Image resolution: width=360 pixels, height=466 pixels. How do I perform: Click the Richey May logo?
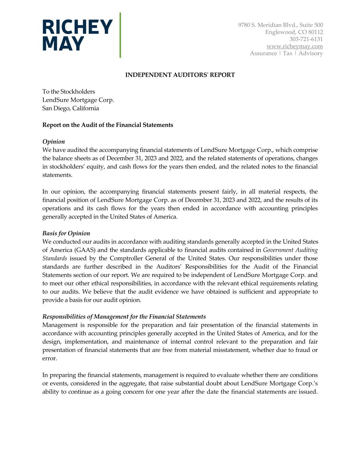(x=77, y=35)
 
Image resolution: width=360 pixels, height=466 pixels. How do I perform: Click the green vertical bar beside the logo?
(x=120, y=35)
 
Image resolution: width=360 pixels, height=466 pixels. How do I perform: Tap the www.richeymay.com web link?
(x=294, y=46)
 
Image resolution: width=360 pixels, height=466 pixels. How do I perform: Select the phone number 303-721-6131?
(x=306, y=39)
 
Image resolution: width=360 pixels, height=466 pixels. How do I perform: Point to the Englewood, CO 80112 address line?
(x=294, y=32)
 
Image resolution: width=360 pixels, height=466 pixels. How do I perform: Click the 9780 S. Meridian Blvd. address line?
(x=280, y=25)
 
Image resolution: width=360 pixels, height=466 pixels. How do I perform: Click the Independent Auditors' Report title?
(x=180, y=75)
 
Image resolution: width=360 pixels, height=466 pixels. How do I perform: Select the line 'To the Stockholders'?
(x=69, y=91)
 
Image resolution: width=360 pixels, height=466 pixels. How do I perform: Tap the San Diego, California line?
(x=71, y=108)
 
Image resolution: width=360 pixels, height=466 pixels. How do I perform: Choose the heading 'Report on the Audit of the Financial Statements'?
(x=107, y=125)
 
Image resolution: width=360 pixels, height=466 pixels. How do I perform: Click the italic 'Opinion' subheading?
(x=54, y=142)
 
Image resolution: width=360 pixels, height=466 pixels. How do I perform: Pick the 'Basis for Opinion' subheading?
(x=66, y=234)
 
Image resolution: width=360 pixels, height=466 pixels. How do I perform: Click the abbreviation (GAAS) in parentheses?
(x=85, y=250)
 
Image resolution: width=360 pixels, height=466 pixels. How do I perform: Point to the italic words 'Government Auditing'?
(x=290, y=250)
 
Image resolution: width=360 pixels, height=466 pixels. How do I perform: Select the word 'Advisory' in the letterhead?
(x=311, y=53)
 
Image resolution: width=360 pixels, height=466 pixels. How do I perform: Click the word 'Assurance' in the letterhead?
(x=263, y=53)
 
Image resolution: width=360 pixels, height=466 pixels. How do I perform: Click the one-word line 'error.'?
(x=50, y=358)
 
